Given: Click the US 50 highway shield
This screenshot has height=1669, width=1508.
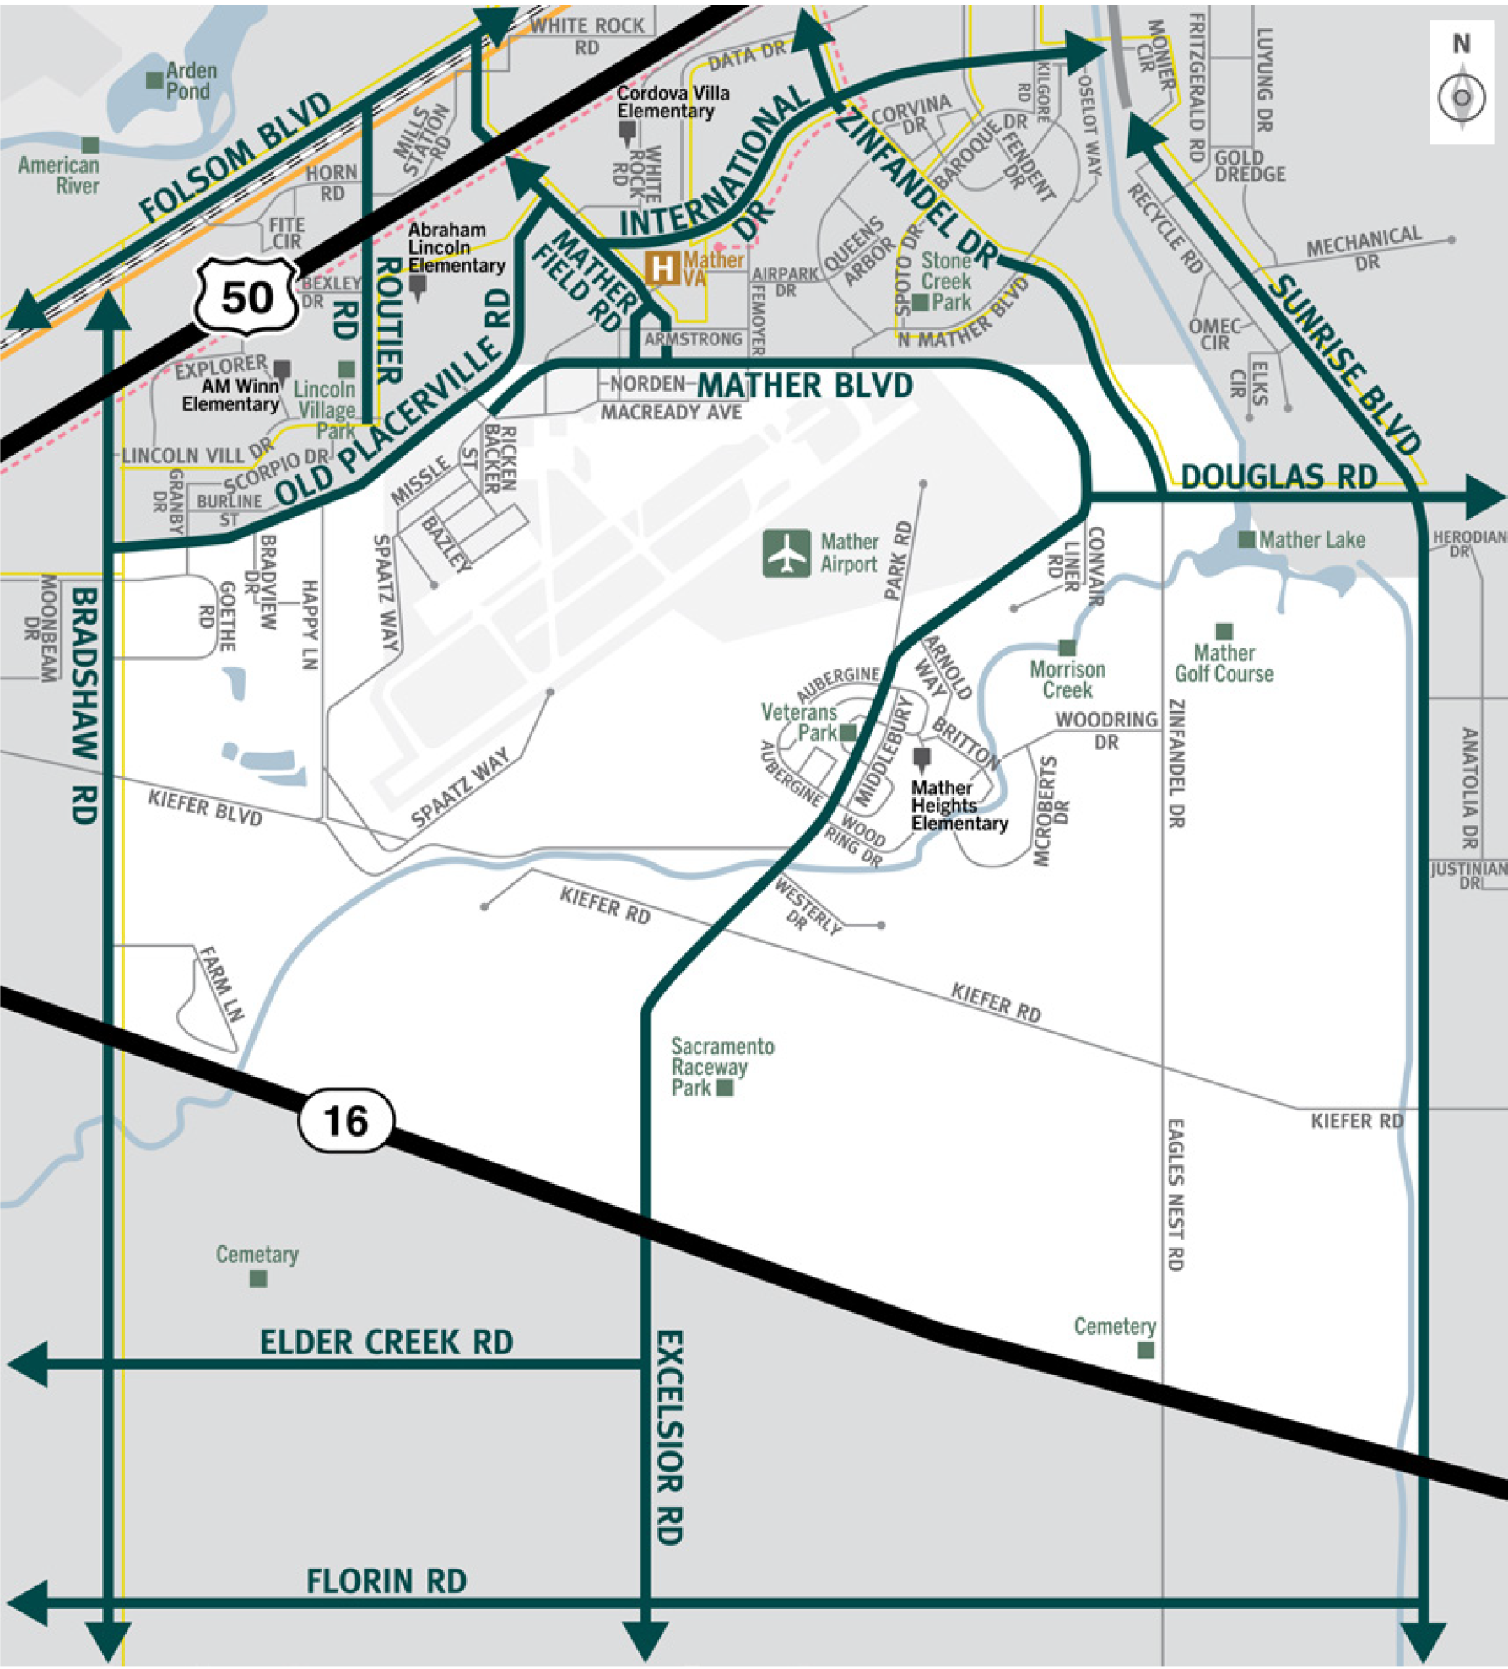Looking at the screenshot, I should pyautogui.click(x=246, y=296).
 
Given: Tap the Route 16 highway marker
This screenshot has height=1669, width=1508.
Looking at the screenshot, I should pyautogui.click(x=346, y=1121).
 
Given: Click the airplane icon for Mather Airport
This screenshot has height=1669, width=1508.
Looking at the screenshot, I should pyautogui.click(x=786, y=554).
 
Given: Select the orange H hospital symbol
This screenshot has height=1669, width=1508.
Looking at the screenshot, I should pyautogui.click(x=662, y=268).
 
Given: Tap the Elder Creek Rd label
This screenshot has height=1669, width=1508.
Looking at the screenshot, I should pyautogui.click(x=386, y=1342).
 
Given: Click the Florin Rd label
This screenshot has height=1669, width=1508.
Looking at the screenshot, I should pyautogui.click(x=386, y=1580).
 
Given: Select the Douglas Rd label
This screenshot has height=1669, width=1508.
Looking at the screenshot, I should pyautogui.click(x=1278, y=477).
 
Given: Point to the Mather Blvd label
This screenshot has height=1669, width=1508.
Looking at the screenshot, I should pyautogui.click(x=805, y=386).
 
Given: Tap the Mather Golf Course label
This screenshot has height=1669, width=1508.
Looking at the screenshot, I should pyautogui.click(x=1224, y=663).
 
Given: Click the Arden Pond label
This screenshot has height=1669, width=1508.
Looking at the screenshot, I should pyautogui.click(x=191, y=81).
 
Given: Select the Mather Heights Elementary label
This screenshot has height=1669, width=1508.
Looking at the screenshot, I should pyautogui.click(x=959, y=805).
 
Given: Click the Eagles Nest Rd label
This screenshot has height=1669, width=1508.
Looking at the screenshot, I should pyautogui.click(x=1175, y=1194).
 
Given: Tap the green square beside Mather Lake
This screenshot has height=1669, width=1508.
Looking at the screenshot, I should pyautogui.click(x=1246, y=539).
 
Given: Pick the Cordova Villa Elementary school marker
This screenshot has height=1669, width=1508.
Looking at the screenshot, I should pyautogui.click(x=627, y=131).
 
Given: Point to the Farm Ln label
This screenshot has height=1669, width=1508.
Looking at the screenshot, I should pyautogui.click(x=221, y=983).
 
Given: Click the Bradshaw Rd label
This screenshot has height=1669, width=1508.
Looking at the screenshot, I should pyautogui.click(x=84, y=705).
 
